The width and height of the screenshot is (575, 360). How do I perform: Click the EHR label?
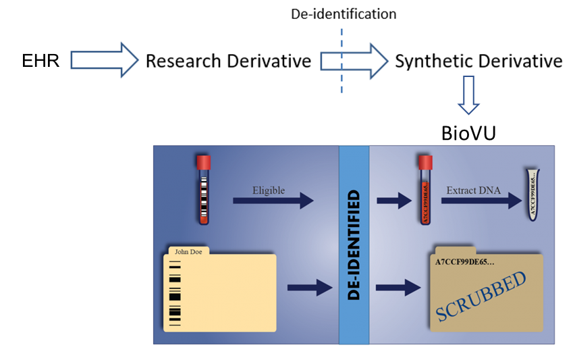[x=41, y=61]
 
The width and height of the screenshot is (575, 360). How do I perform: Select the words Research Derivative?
[x=228, y=61]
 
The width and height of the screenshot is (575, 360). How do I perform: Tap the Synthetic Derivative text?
[x=478, y=61]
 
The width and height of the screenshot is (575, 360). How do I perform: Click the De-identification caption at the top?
[x=344, y=14]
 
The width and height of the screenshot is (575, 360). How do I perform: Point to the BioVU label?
[x=468, y=133]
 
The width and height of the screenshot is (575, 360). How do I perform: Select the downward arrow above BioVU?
[x=468, y=95]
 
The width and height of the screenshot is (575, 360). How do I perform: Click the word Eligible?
[x=268, y=190]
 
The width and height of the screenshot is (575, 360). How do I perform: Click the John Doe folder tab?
[x=188, y=252]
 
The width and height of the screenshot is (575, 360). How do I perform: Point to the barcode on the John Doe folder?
[x=175, y=294]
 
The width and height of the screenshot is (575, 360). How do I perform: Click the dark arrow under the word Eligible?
[x=273, y=201]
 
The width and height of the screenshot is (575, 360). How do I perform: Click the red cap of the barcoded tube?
[x=203, y=162]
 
